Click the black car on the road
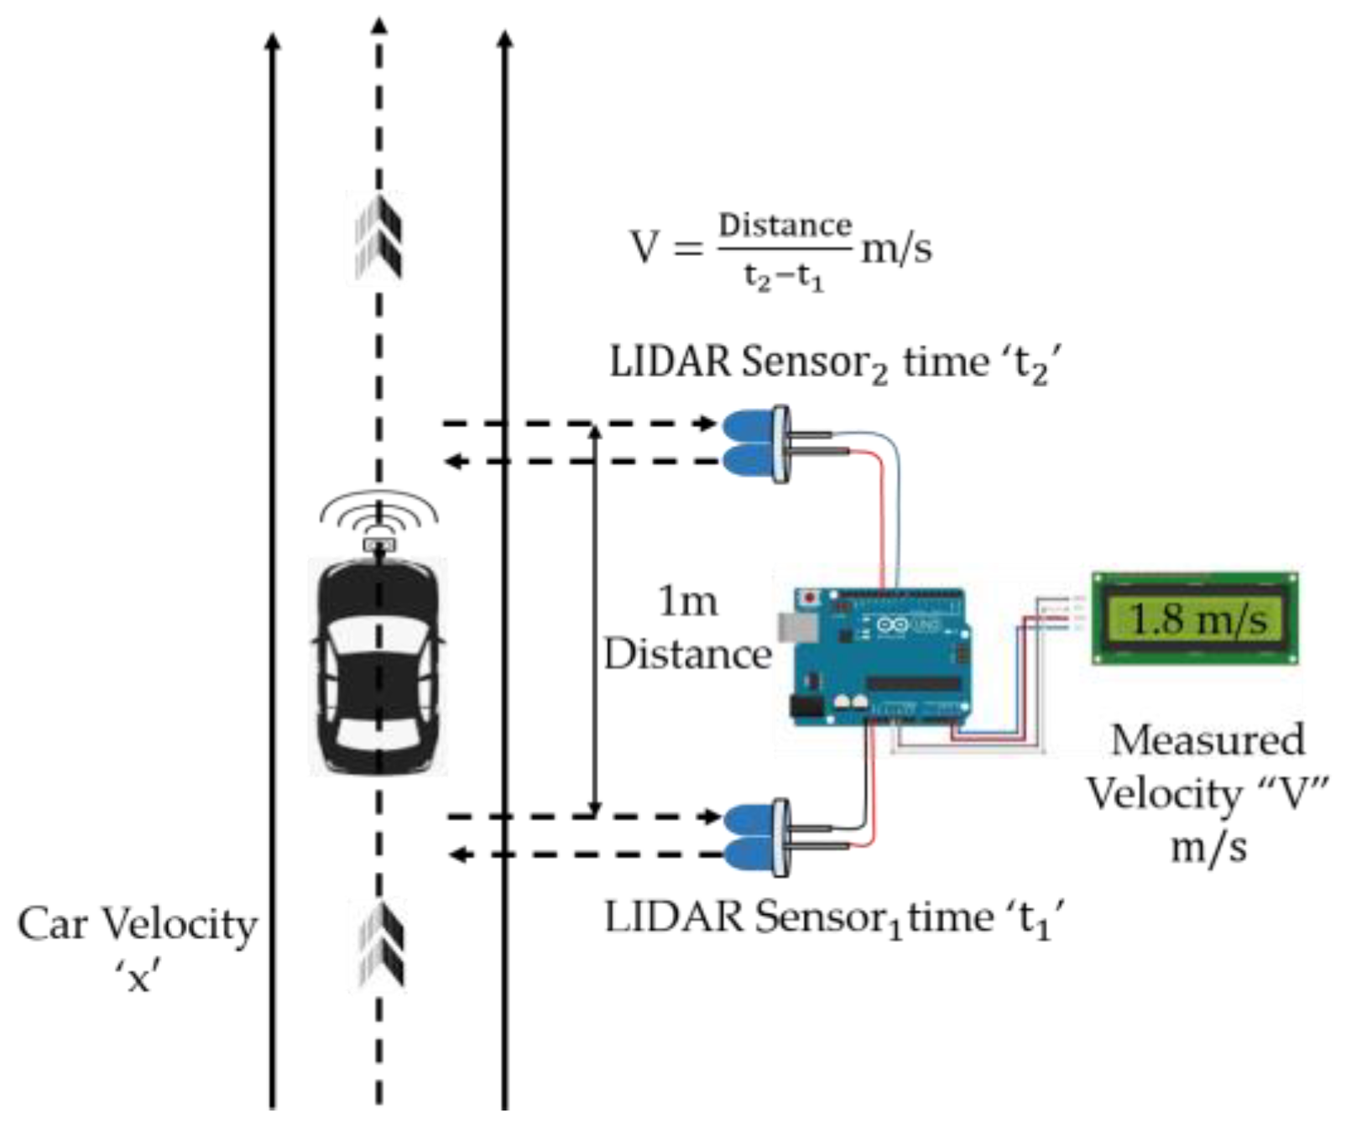click(x=378, y=667)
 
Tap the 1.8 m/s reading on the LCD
click(x=1197, y=619)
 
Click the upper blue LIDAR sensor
click(x=753, y=443)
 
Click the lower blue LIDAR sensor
click(x=753, y=836)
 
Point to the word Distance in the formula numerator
click(x=785, y=226)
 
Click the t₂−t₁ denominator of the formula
click(x=784, y=276)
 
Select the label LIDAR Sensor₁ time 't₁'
click(x=835, y=917)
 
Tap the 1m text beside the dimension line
click(x=687, y=601)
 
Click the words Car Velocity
click(x=137, y=924)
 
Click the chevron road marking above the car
click(x=379, y=235)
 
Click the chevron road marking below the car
click(x=380, y=944)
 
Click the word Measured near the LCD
click(x=1208, y=740)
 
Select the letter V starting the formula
click(x=644, y=248)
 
